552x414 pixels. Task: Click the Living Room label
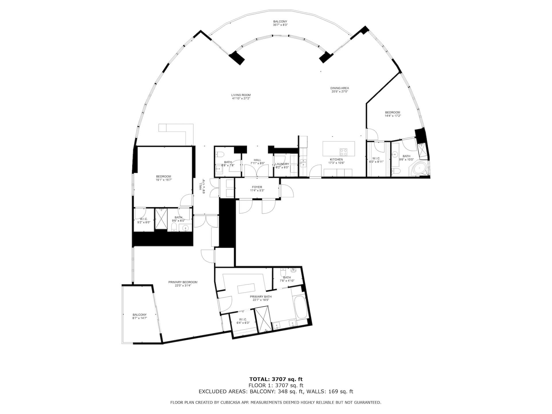pyautogui.click(x=241, y=95)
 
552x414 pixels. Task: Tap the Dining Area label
pyautogui.click(x=340, y=88)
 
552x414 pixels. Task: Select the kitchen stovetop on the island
pyautogui.click(x=344, y=152)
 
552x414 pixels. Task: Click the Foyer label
pyautogui.click(x=257, y=187)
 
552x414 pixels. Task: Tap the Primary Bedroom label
pyautogui.click(x=183, y=282)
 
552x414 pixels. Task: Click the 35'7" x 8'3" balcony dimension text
pyautogui.click(x=280, y=25)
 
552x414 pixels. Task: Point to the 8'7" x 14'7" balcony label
pyautogui.click(x=139, y=315)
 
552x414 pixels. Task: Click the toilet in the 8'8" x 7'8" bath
pyautogui.click(x=220, y=154)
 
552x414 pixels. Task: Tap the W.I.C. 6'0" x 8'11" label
pyautogui.click(x=376, y=159)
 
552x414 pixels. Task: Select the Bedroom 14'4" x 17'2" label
pyautogui.click(x=392, y=112)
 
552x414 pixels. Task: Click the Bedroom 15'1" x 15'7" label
pyautogui.click(x=164, y=177)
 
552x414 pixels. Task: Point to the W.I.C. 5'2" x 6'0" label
pyautogui.click(x=143, y=219)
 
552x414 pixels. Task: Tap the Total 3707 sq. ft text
pyautogui.click(x=276, y=379)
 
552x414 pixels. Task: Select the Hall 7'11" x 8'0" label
pyautogui.click(x=257, y=160)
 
